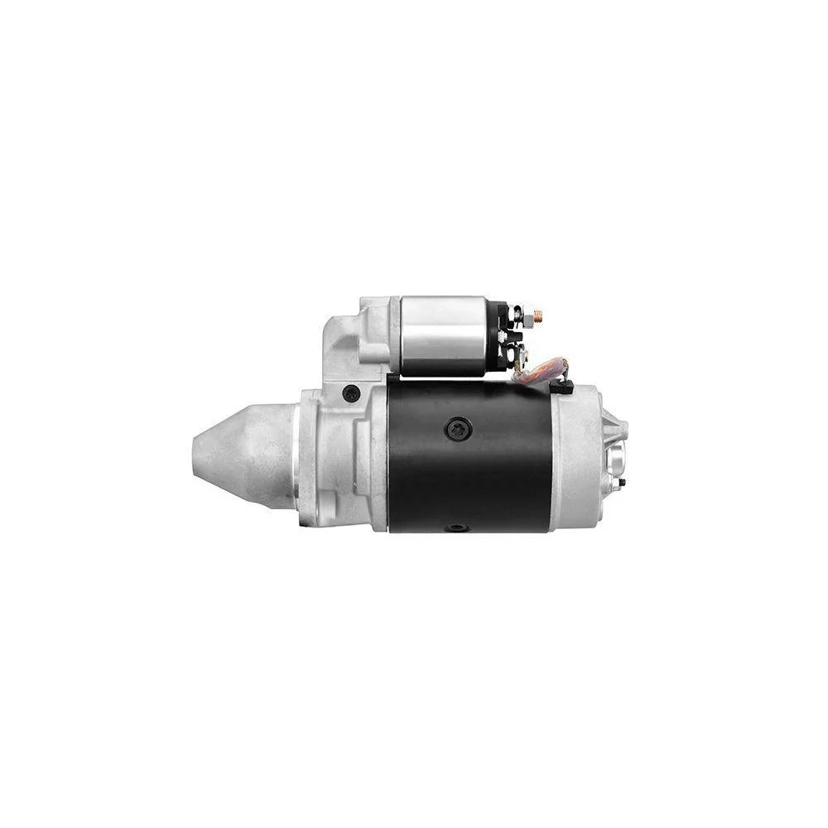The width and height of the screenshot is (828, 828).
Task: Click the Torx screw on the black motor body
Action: [457, 429]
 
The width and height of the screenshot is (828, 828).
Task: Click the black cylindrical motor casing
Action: [468, 464]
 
